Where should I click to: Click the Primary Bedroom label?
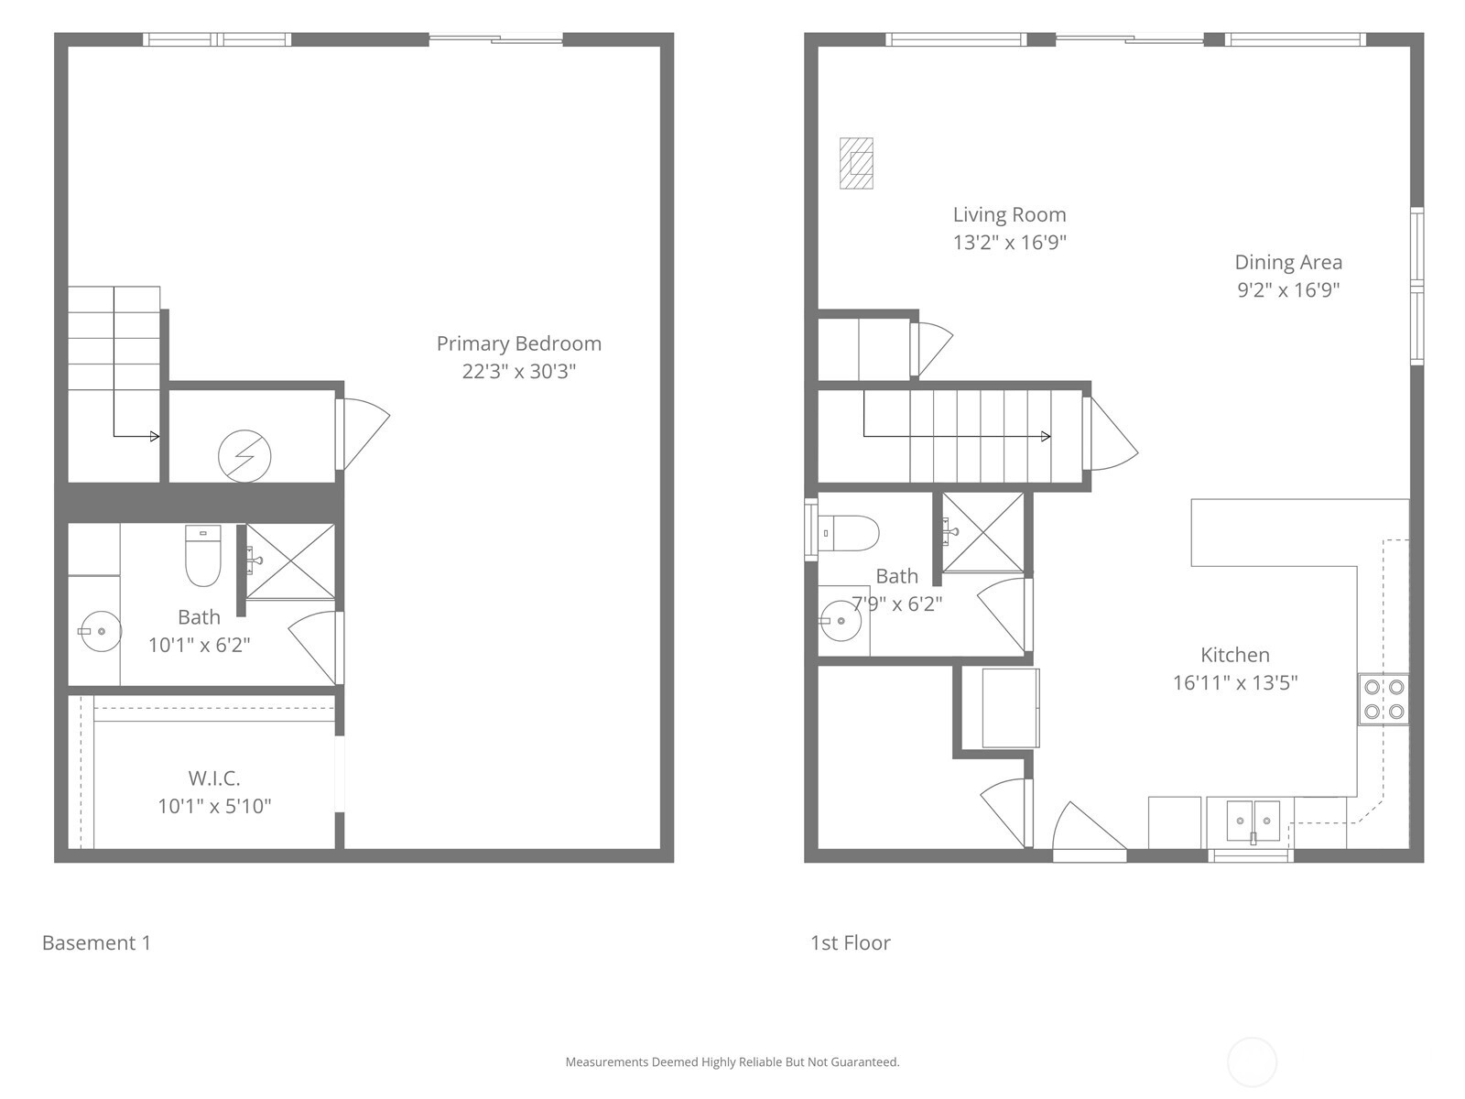[x=518, y=343]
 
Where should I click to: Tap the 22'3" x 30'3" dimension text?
[x=518, y=371]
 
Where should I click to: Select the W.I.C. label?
[x=214, y=778]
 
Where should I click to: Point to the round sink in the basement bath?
[x=100, y=631]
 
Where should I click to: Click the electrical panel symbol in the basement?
[x=244, y=456]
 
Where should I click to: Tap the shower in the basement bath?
[x=291, y=561]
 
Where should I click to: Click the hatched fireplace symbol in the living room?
[x=856, y=164]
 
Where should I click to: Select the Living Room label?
[x=1009, y=215]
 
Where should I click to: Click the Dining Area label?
[x=1288, y=262]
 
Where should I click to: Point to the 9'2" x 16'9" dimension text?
[x=1288, y=290]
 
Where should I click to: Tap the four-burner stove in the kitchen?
[x=1384, y=700]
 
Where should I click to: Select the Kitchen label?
[x=1235, y=655]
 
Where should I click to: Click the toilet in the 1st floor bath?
[x=848, y=533]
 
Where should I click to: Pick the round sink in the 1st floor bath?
[x=840, y=621]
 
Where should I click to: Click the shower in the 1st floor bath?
[x=982, y=532]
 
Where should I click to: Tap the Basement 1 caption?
[x=97, y=943]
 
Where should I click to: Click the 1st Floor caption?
[x=851, y=943]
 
